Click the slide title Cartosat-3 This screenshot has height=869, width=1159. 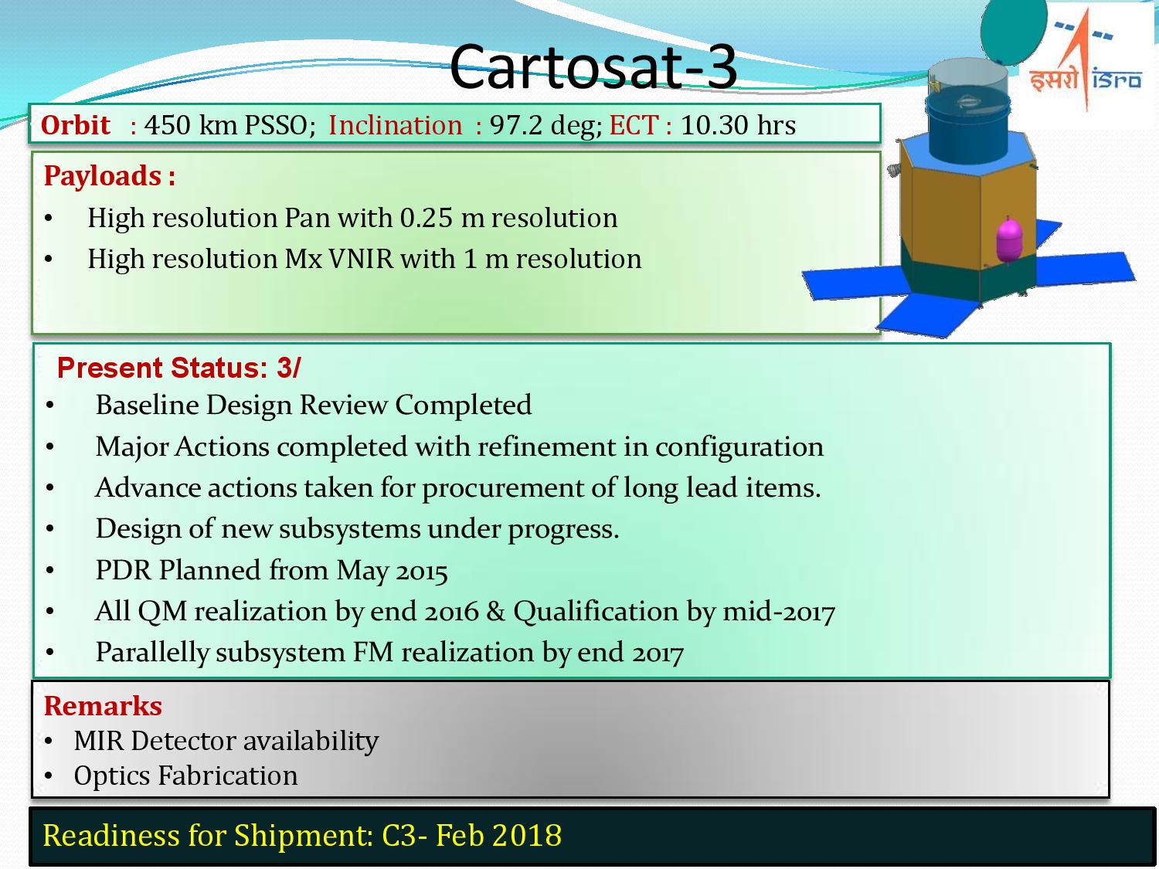tap(593, 66)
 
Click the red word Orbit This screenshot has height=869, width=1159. tap(75, 125)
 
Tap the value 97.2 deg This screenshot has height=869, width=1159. tap(544, 125)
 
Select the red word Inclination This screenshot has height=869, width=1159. tap(395, 125)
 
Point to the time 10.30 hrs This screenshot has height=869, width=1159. tap(737, 125)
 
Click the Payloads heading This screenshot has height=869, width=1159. tap(109, 176)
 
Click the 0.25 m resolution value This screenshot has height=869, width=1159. tap(508, 218)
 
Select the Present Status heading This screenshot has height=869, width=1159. tap(178, 368)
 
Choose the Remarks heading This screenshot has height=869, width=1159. tap(103, 706)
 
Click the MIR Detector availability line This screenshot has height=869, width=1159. tap(226, 741)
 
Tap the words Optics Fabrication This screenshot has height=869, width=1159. tap(185, 776)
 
